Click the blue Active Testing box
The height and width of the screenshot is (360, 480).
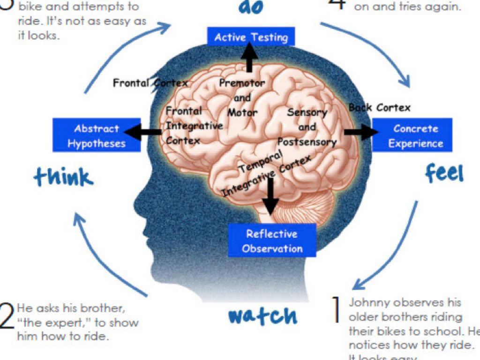click(251, 37)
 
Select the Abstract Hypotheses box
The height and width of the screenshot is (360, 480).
click(97, 135)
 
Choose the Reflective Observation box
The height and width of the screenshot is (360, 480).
click(272, 240)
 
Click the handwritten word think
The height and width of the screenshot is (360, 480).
click(64, 178)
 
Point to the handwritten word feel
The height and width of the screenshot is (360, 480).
click(444, 173)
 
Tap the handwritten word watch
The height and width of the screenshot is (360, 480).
click(262, 315)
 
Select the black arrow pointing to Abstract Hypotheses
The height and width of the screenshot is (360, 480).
click(143, 132)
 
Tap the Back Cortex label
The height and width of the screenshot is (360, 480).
click(380, 108)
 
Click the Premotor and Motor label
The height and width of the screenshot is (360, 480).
click(242, 98)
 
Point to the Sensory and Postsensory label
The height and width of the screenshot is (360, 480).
click(307, 127)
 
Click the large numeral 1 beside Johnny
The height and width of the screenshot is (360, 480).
click(336, 309)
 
